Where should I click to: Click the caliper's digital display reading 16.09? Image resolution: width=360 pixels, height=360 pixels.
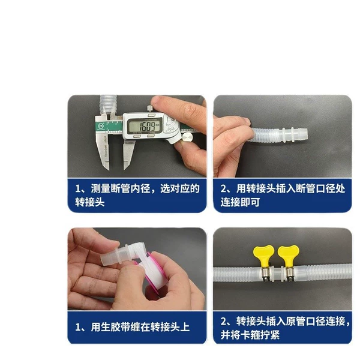(x=145, y=125)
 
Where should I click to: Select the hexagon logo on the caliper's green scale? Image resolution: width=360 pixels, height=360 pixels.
(x=101, y=126)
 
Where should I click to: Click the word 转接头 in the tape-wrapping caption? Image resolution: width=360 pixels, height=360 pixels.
(x=164, y=327)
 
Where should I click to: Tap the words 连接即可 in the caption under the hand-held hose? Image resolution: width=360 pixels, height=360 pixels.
(x=240, y=202)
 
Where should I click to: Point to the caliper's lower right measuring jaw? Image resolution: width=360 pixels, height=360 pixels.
(x=128, y=154)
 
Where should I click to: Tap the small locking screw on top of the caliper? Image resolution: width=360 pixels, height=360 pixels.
(x=150, y=109)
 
